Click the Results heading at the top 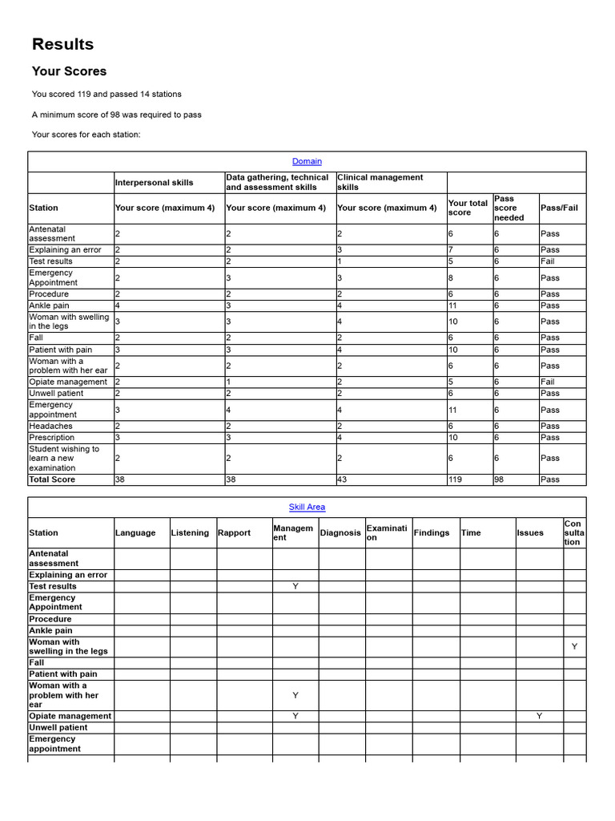coord(62,44)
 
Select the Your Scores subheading coord(69,71)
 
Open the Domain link coord(307,161)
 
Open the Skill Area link coord(307,508)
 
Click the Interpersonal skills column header coord(155,182)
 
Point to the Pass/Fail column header coord(558,208)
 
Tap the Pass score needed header coord(508,208)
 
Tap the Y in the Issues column coord(539,716)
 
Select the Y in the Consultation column coord(574,646)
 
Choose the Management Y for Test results coord(295,587)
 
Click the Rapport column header coord(234,533)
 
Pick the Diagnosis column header coord(340,533)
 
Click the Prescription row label coord(52,438)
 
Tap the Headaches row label coord(51,427)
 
